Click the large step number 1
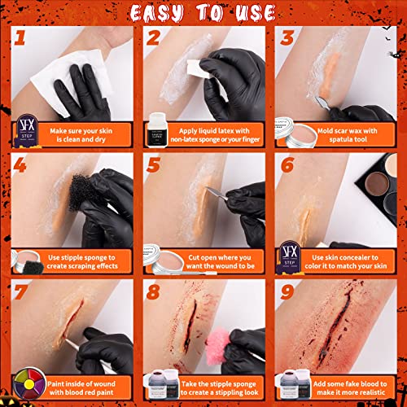20,39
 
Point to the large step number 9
287,291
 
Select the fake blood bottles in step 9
291,383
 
